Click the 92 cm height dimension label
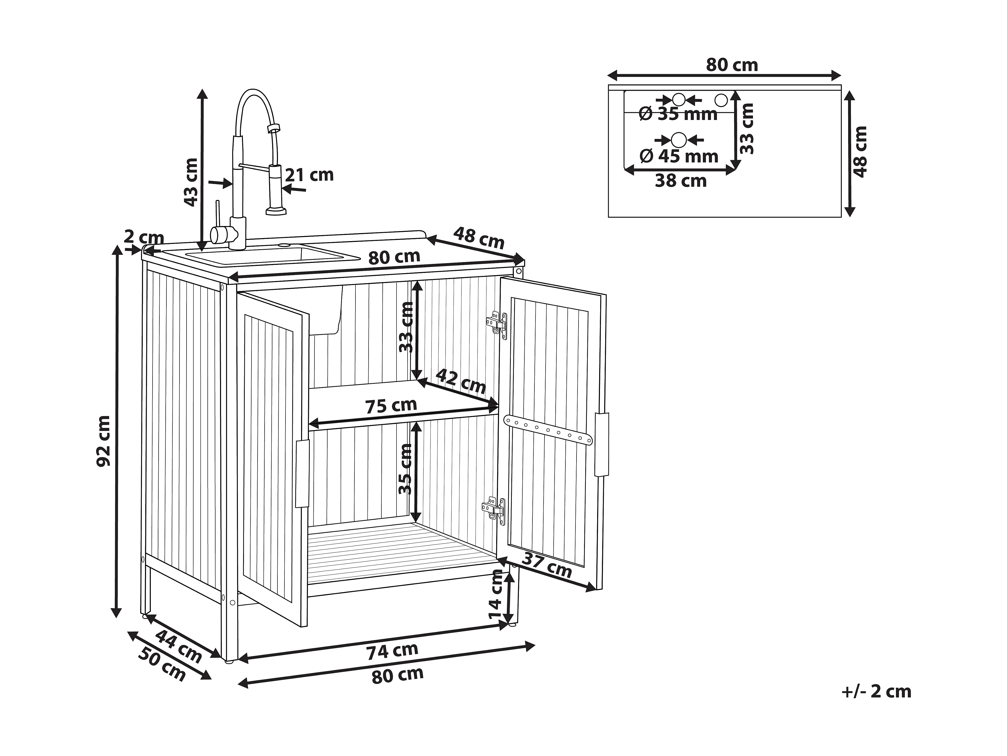tap(104, 441)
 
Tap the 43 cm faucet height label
tap(191, 182)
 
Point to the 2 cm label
tap(144, 237)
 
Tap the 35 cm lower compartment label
tap(405, 469)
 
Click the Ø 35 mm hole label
tap(678, 114)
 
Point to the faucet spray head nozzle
tap(276, 210)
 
